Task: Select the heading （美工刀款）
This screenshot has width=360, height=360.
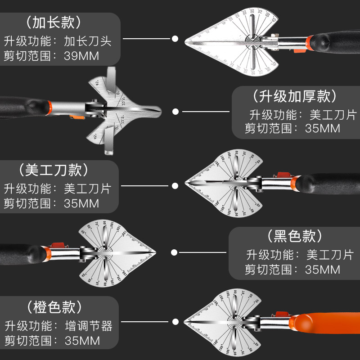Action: pos(54,170)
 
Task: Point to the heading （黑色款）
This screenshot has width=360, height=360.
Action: pos(295,236)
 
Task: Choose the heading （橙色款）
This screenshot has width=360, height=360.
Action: pos(54,307)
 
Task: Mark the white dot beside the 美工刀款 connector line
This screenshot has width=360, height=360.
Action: pos(175,185)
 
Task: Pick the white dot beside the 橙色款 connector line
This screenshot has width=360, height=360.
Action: pos(175,322)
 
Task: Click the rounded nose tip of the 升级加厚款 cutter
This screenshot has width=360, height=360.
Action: pos(160,109)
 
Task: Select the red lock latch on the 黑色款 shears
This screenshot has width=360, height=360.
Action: pos(57,246)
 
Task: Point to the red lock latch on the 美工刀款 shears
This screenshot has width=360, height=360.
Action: pos(283,175)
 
